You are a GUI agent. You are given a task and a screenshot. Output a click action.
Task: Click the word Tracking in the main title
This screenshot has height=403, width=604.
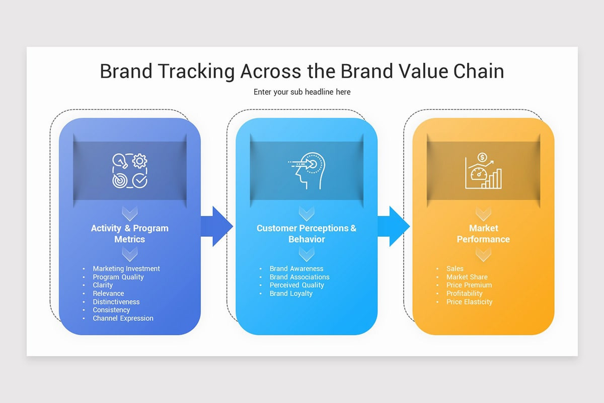pyautogui.click(x=196, y=72)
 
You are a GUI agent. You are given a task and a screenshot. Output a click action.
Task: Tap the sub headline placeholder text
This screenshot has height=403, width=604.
pyautogui.click(x=302, y=92)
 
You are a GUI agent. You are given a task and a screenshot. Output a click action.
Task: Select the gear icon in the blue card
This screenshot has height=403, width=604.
pyautogui.click(x=140, y=161)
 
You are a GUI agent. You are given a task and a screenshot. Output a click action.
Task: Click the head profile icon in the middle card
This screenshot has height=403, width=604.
pyautogui.click(x=310, y=171)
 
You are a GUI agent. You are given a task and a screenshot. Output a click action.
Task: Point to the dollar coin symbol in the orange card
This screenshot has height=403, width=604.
pyautogui.click(x=482, y=157)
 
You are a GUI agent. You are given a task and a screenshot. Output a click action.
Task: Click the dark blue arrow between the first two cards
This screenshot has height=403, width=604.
pyautogui.click(x=217, y=226)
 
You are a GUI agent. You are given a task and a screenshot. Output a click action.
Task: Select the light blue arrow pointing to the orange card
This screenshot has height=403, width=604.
pyautogui.click(x=394, y=226)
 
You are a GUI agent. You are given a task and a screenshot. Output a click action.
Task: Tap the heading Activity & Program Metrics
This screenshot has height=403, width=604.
pyautogui.click(x=130, y=234)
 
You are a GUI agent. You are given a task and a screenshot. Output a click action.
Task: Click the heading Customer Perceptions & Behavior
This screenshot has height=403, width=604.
pyautogui.click(x=307, y=234)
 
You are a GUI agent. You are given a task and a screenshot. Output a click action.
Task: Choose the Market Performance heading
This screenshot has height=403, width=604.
pyautogui.click(x=483, y=234)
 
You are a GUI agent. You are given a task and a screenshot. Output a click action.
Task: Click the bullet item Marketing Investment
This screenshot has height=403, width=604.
pyautogui.click(x=126, y=269)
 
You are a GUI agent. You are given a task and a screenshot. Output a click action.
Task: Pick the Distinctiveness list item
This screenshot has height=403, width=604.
pyautogui.click(x=116, y=302)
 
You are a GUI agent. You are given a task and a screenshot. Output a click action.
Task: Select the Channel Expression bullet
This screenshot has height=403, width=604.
pyautogui.click(x=123, y=318)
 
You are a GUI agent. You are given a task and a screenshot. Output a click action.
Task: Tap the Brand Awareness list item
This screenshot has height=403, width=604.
pyautogui.click(x=296, y=269)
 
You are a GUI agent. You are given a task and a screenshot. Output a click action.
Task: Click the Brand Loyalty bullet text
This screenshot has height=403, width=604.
pyautogui.click(x=291, y=294)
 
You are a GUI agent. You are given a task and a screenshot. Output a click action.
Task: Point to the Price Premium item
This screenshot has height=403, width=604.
pyautogui.click(x=469, y=285)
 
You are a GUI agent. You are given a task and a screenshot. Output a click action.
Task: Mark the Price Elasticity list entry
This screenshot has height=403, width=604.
pyautogui.click(x=470, y=302)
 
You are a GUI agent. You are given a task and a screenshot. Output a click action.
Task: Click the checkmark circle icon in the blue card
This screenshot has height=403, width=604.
pyautogui.click(x=140, y=180)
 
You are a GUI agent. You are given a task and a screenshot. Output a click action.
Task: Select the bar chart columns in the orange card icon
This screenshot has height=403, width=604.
pyautogui.click(x=492, y=179)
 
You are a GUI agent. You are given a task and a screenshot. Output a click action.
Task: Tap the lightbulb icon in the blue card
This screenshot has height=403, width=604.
pyautogui.click(x=120, y=161)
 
